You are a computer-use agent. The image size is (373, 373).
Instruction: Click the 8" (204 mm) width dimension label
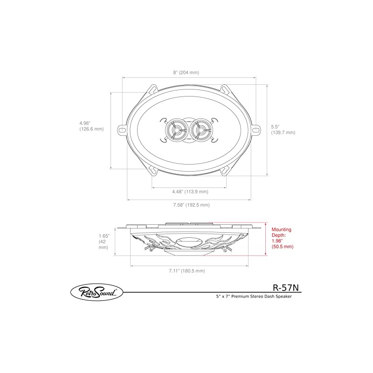click(x=186, y=73)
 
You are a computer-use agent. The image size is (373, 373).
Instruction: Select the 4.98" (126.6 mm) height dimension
click(x=91, y=126)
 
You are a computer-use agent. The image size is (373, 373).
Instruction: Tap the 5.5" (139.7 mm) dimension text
click(x=283, y=129)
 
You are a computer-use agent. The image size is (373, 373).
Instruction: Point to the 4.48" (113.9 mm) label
click(x=189, y=191)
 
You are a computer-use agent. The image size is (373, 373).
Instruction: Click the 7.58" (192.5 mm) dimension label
click(x=191, y=205)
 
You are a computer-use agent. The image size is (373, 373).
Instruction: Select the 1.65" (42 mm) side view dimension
click(x=104, y=242)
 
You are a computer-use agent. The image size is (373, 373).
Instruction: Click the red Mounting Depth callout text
click(x=282, y=238)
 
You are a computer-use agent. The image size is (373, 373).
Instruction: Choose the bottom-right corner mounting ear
click(x=224, y=171)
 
